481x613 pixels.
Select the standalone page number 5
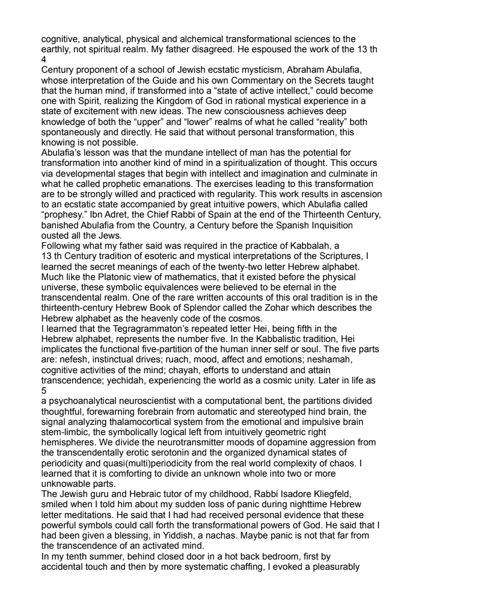[44, 389]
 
